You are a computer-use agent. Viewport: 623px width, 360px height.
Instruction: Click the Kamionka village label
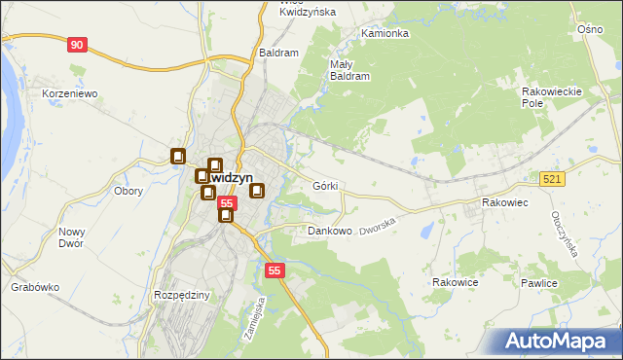pos(385,33)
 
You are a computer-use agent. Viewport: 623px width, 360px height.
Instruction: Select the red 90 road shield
pos(78,45)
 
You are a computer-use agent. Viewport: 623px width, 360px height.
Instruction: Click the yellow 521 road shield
pos(552,178)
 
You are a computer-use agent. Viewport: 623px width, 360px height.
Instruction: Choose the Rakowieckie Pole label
pos(551,96)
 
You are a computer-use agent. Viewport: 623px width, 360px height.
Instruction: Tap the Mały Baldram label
pos(349,68)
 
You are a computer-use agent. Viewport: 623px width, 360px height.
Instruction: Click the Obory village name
pos(128,191)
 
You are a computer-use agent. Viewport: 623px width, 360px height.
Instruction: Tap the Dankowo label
pos(329,232)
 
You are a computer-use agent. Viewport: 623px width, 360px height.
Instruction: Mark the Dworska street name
pos(380,228)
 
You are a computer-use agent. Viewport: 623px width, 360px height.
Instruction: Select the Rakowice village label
pos(455,282)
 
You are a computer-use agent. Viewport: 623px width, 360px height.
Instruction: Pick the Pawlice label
pos(537,283)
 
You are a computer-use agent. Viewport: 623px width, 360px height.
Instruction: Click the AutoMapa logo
pos(559,341)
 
